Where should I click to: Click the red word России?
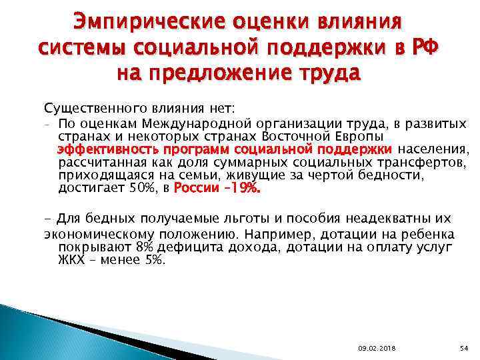[x=195, y=188]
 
